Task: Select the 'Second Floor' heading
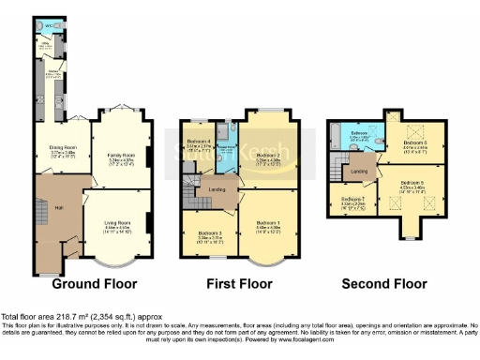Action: (x=383, y=282)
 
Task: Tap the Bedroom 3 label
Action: (x=209, y=234)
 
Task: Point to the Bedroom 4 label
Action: (x=200, y=142)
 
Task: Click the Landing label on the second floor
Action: (x=358, y=172)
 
